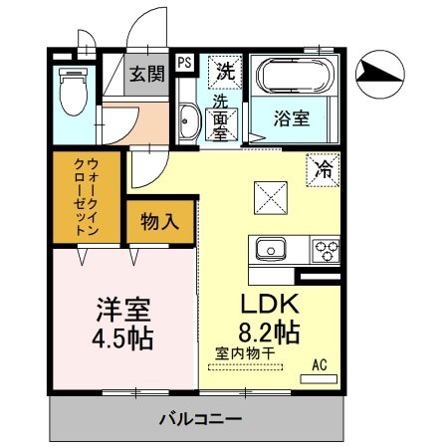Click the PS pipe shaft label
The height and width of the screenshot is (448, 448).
185,63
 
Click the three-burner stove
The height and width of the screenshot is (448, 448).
326,249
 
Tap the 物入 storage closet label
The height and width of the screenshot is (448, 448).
159,221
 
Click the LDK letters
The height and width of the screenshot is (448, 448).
263,303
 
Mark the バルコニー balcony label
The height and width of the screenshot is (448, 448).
199,417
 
